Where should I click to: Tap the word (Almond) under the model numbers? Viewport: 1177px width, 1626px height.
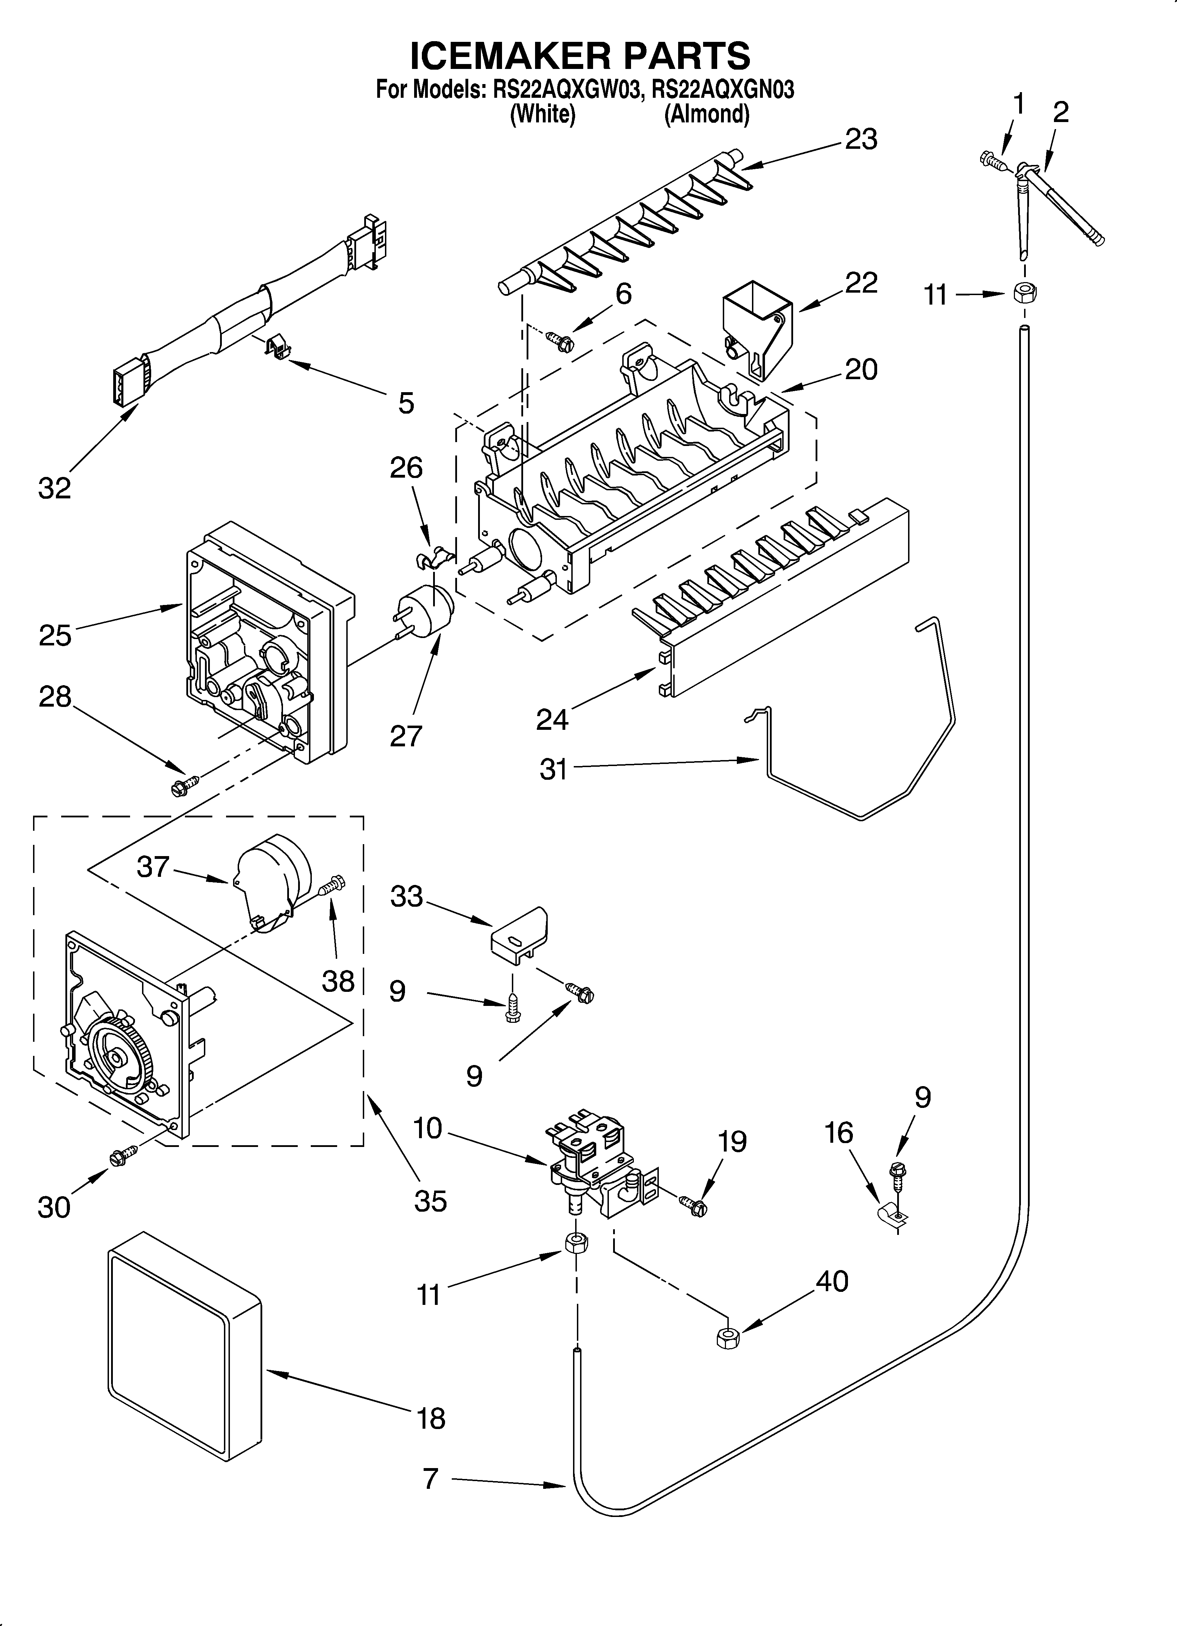click(707, 115)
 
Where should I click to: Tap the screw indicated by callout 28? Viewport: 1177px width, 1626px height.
click(181, 785)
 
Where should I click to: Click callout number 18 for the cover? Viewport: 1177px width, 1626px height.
click(431, 1417)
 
